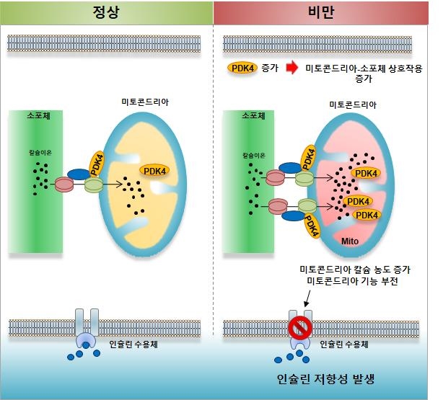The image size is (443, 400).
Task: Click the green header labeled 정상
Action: pyautogui.click(x=107, y=13)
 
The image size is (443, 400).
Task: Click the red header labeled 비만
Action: pyautogui.click(x=320, y=13)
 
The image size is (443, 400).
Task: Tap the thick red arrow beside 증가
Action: pyautogui.click(x=292, y=68)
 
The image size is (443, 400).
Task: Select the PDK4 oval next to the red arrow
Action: pyautogui.click(x=242, y=68)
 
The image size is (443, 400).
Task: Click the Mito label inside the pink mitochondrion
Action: pyautogui.click(x=350, y=241)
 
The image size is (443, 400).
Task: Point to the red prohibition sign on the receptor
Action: pyautogui.click(x=300, y=328)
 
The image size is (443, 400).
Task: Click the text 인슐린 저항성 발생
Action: pyautogui.click(x=325, y=379)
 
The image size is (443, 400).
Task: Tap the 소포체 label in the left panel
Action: pyautogui.click(x=39, y=115)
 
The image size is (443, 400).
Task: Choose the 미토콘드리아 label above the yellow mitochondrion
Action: pyautogui.click(x=145, y=102)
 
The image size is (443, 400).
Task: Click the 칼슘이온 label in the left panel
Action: pyautogui.click(x=40, y=153)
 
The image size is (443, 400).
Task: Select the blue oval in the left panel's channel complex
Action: pyautogui.click(x=79, y=174)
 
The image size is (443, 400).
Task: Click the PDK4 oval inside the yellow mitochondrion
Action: pyautogui.click(x=154, y=171)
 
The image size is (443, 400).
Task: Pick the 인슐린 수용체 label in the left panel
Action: pyautogui.click(x=133, y=344)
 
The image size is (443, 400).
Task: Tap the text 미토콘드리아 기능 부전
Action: pyautogui.click(x=353, y=281)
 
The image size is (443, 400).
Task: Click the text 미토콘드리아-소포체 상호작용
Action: pyautogui.click(x=364, y=68)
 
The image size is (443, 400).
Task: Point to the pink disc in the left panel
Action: pyautogui.click(x=64, y=185)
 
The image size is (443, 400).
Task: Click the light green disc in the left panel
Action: pyautogui.click(x=94, y=185)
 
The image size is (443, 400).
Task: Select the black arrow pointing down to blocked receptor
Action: pyautogui.click(x=307, y=298)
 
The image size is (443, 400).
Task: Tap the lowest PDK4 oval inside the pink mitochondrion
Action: pyautogui.click(x=367, y=215)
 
